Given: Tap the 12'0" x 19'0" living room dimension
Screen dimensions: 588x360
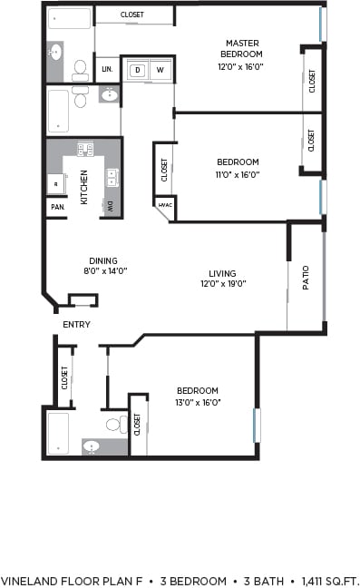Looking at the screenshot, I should click(222, 283).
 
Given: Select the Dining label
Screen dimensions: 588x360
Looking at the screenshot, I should click(103, 260).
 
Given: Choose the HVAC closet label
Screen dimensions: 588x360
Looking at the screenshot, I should click(165, 206).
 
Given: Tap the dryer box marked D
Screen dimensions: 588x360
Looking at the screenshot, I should click(139, 70).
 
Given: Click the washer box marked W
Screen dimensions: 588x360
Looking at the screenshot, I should click(161, 70).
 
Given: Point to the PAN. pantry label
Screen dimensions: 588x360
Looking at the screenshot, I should click(55, 208).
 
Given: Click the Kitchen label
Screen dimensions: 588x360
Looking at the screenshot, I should click(84, 187).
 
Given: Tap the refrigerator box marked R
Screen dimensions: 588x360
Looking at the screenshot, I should click(55, 183).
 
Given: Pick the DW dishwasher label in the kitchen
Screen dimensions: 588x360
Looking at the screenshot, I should click(112, 207).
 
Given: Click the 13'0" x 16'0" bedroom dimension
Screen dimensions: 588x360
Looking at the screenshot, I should click(198, 402).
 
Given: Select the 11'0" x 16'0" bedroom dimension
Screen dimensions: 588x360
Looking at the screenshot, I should click(238, 174).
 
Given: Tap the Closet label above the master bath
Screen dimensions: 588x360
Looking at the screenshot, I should click(132, 15).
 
